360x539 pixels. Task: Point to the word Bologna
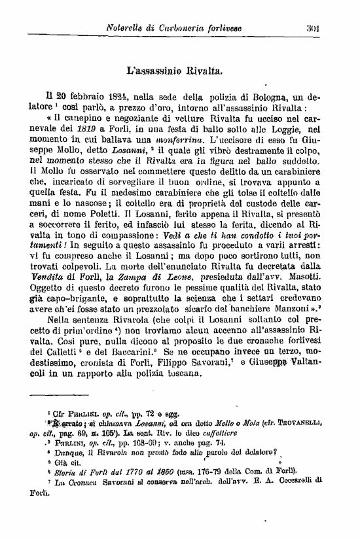[263, 94]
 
